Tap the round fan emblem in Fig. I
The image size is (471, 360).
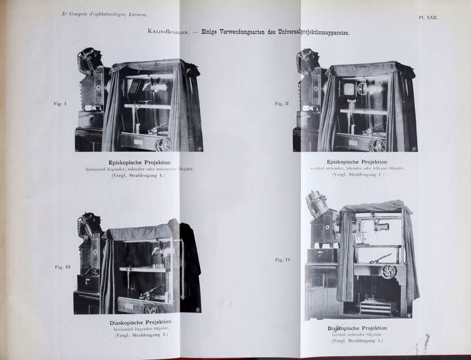(x=163, y=144)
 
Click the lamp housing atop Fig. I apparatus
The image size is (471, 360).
(x=91, y=59)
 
